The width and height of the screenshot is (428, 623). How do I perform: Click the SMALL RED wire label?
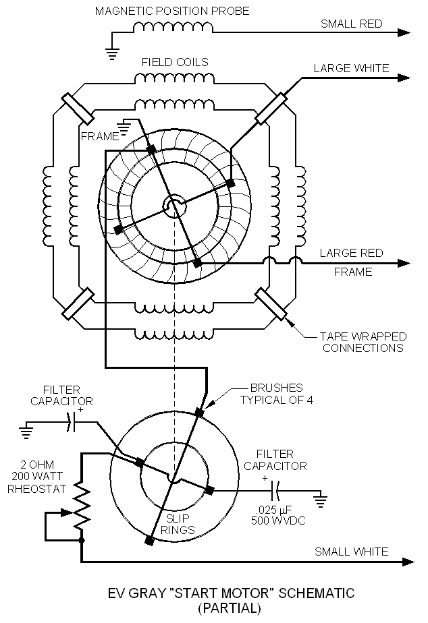(351, 24)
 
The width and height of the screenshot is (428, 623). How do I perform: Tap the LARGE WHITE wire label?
(351, 68)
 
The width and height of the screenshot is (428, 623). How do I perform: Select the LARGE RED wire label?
(351, 254)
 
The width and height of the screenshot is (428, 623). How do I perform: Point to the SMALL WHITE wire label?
(351, 552)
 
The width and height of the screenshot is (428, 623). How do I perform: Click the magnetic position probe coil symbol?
(173, 28)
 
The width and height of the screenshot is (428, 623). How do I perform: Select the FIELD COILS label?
(174, 62)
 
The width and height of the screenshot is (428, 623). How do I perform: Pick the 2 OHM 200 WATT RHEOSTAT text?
(34, 477)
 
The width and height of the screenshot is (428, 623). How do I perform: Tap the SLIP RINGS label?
(178, 525)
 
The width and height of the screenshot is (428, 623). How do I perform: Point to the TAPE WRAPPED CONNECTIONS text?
(363, 342)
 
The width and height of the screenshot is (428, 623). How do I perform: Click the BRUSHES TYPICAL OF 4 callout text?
(276, 394)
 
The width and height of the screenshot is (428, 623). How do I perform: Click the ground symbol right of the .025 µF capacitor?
(321, 500)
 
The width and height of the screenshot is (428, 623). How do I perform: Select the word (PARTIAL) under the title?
(230, 608)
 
